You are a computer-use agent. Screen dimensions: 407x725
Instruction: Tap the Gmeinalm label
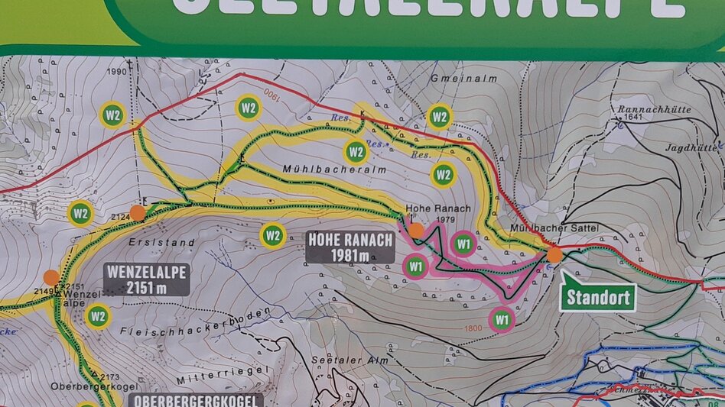tap(463, 78)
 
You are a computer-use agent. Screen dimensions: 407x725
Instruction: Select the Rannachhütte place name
tap(656, 109)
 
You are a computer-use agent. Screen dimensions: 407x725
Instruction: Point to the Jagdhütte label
tap(691, 147)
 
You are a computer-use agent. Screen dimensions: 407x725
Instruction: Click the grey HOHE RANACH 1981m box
tap(350, 247)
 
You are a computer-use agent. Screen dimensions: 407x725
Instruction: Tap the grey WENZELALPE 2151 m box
tap(146, 279)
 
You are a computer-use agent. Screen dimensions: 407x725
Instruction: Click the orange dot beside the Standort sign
tap(554, 255)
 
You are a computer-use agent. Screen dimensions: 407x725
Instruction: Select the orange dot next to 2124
tap(138, 213)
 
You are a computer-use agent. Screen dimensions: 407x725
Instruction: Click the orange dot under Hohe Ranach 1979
tap(416, 231)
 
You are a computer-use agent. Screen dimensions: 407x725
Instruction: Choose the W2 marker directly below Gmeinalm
tap(439, 117)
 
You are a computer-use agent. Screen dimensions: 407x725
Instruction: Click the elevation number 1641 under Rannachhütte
tap(632, 117)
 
